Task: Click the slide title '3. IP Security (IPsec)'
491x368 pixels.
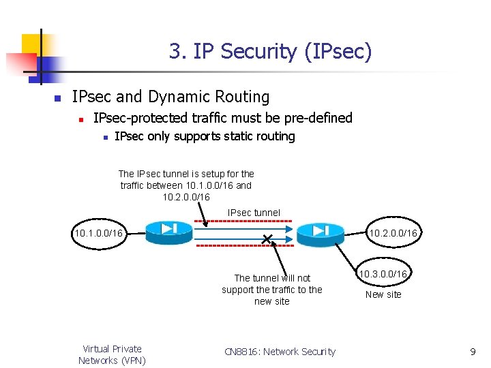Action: (270, 51)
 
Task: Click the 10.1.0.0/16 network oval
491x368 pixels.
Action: (99, 234)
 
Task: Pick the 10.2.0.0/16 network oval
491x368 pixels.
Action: (393, 234)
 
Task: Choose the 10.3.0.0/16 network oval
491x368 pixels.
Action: (383, 274)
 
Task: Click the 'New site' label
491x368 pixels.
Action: (383, 294)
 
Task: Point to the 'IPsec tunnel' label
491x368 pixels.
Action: (254, 213)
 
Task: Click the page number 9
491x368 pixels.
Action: (473, 352)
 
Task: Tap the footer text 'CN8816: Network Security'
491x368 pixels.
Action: (280, 352)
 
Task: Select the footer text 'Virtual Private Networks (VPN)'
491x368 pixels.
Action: (112, 354)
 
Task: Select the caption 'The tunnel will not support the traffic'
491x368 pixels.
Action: (271, 290)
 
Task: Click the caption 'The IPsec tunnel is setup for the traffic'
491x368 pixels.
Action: (185, 185)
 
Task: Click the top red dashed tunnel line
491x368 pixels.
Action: (244, 221)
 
